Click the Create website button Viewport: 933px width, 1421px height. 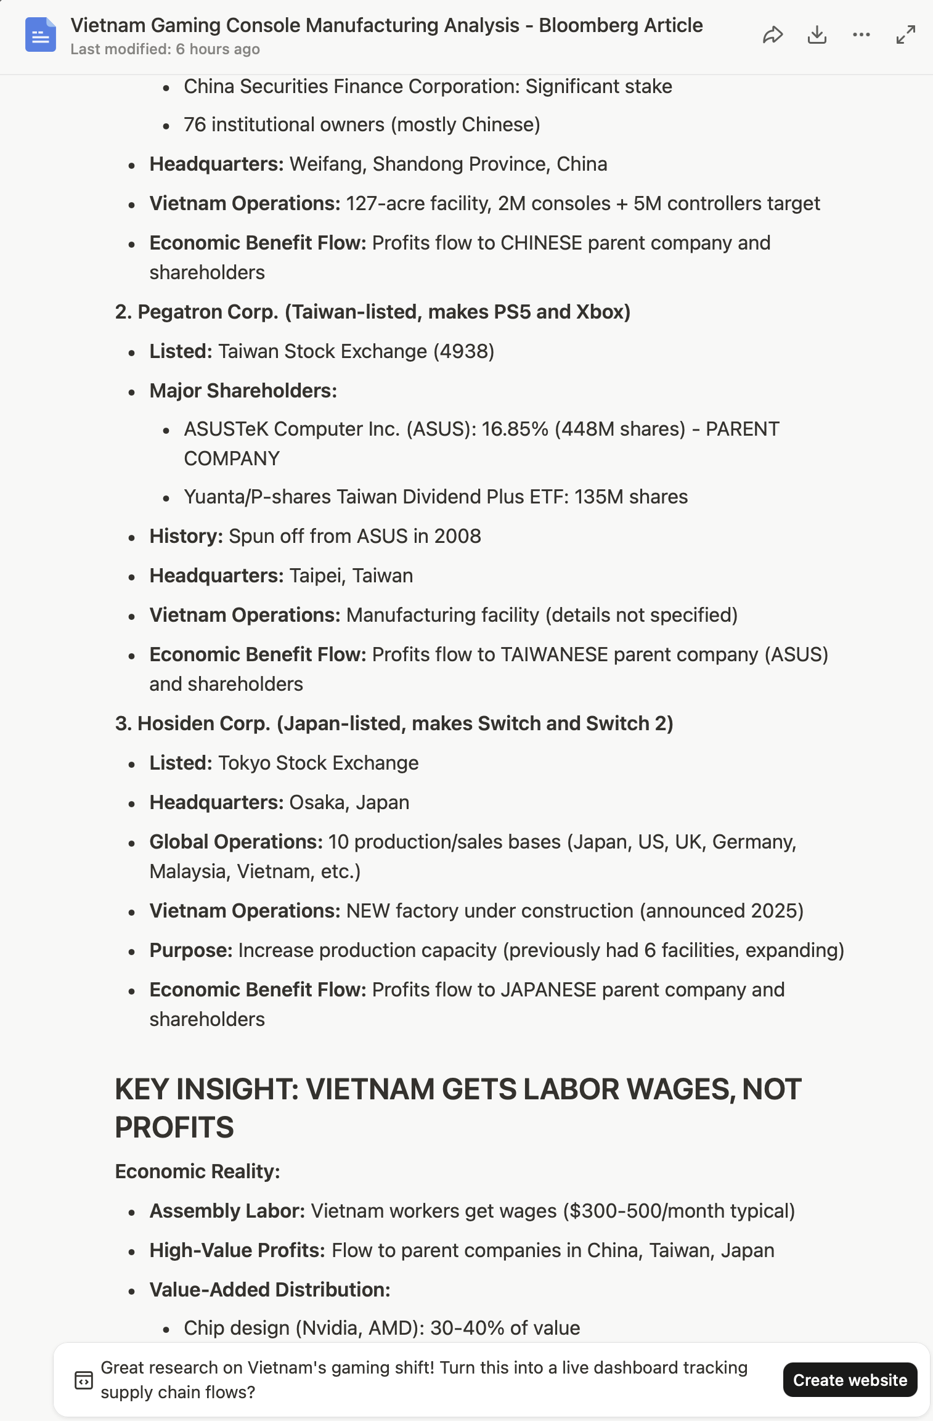pos(849,1380)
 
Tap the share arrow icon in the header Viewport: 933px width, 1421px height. pos(773,35)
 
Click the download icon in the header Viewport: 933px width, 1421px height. pos(817,35)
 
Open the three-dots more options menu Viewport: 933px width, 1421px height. pos(862,35)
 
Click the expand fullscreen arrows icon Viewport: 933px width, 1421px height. pos(905,35)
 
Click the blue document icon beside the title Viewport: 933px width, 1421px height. pos(41,35)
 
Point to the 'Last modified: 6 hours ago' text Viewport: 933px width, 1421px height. pos(165,49)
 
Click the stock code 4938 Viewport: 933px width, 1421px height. pos(463,351)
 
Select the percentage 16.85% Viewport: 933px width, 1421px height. pos(515,429)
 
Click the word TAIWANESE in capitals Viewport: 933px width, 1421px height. pos(554,654)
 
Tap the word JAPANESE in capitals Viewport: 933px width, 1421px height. pos(548,990)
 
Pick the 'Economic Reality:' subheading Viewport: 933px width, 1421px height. pos(197,1171)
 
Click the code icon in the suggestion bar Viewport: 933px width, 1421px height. pos(84,1380)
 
